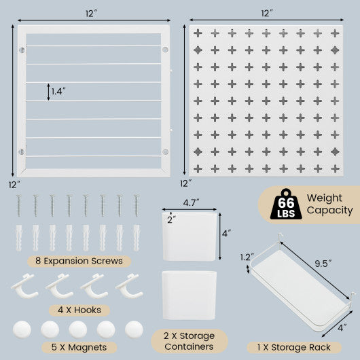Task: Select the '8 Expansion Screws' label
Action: pos(79,260)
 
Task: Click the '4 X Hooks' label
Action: pos(78,310)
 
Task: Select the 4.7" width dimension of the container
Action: pos(190,202)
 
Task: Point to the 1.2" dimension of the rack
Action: pos(247,257)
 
